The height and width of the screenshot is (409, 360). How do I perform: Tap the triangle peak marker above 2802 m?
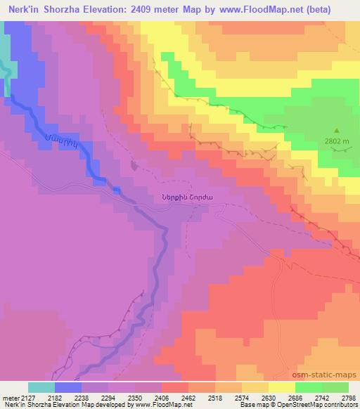pos(337,131)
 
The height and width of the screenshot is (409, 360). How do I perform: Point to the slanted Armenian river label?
pos(59,145)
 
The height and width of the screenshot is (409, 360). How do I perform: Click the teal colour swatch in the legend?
pos(41,387)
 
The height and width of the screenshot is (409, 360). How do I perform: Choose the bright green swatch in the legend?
pos(308,387)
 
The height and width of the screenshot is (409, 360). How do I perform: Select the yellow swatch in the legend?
pos(281,387)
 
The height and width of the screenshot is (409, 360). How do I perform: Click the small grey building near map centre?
pos(134,166)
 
